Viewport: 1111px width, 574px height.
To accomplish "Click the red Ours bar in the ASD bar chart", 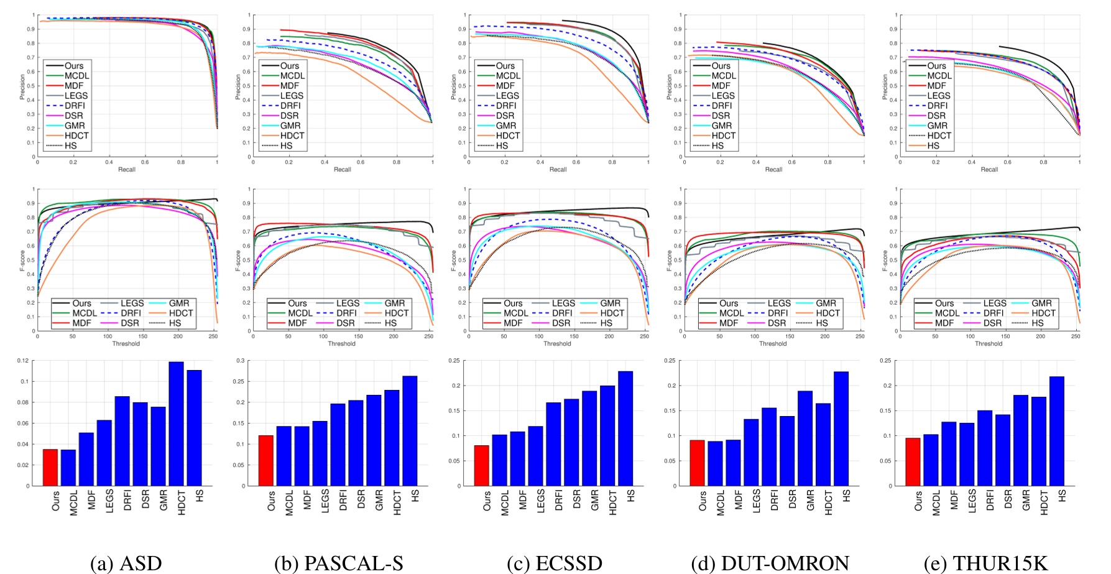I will [50, 467].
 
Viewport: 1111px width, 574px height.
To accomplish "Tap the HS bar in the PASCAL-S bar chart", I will [410, 430].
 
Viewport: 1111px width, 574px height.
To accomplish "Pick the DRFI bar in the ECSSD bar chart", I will [553, 444].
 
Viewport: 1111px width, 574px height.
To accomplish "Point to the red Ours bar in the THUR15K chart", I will [913, 461].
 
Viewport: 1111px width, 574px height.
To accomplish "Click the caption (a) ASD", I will [126, 563].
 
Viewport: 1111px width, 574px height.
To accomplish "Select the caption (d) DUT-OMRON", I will [770, 563].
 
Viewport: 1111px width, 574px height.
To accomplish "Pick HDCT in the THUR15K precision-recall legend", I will [939, 136].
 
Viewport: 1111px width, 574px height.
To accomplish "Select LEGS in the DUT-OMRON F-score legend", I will [779, 303].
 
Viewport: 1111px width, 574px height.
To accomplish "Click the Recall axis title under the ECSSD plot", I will [558, 169].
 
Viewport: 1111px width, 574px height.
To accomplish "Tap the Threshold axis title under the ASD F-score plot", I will [126, 343].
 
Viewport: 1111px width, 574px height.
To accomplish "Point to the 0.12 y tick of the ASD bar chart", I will [22, 361].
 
